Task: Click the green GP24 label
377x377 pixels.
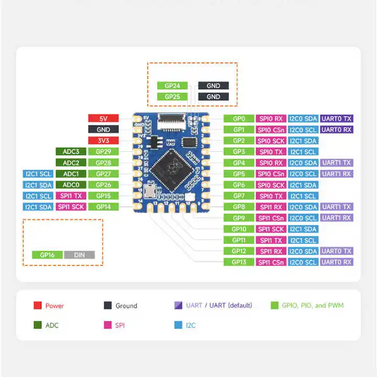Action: [172, 85]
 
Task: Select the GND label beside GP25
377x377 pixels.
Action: [213, 97]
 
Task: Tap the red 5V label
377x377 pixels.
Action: [103, 118]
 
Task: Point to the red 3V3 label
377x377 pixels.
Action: [103, 140]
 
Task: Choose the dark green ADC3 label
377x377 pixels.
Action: [71, 151]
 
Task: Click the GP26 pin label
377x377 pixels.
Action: [103, 184]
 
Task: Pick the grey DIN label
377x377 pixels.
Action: [80, 254]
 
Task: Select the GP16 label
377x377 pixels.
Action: [47, 254]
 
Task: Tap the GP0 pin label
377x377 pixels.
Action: [239, 118]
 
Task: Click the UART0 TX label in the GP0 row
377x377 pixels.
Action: [337, 118]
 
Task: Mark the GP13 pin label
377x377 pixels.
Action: [239, 262]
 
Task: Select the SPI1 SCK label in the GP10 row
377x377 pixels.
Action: [271, 229]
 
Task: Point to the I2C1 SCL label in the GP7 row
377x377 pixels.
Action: [303, 196]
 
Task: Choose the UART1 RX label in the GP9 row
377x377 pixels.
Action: [337, 218]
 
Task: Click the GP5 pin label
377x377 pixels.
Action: [239, 174]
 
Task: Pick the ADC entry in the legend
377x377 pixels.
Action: [52, 325]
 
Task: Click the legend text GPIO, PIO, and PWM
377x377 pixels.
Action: [313, 305]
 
